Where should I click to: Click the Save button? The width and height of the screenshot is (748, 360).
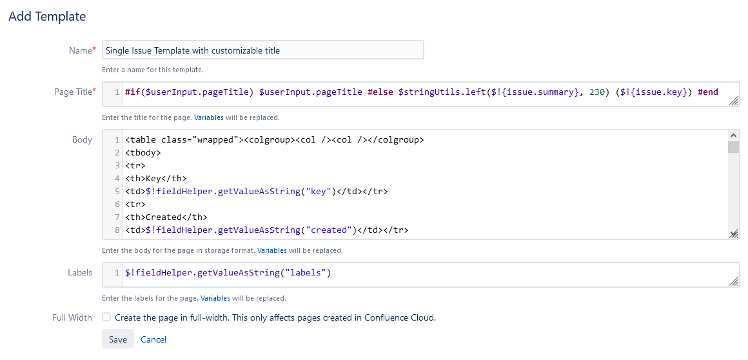pyautogui.click(x=118, y=339)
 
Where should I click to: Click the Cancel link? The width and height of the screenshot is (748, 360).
pyautogui.click(x=153, y=339)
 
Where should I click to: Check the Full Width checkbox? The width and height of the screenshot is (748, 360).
pyautogui.click(x=106, y=317)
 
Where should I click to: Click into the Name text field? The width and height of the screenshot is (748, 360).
pyautogui.click(x=263, y=50)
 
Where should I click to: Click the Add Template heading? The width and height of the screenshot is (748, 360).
pyautogui.click(x=47, y=16)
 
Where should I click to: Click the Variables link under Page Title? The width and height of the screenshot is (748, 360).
pyautogui.click(x=208, y=117)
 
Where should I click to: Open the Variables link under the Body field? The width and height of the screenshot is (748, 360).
pyautogui.click(x=272, y=250)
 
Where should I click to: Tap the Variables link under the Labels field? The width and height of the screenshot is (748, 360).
pyautogui.click(x=215, y=299)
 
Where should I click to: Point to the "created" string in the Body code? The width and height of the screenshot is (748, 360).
pyautogui.click(x=329, y=230)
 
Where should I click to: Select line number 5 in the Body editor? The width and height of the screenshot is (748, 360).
pyautogui.click(x=117, y=192)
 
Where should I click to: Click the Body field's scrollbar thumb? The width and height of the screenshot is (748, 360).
pyautogui.click(x=733, y=147)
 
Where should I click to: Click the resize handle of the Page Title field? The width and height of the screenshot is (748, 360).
pyautogui.click(x=734, y=101)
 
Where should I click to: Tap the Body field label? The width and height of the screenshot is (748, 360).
pyautogui.click(x=82, y=140)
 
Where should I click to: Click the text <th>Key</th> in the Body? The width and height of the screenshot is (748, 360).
pyautogui.click(x=156, y=179)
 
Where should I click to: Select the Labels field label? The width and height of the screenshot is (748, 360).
pyautogui.click(x=80, y=273)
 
